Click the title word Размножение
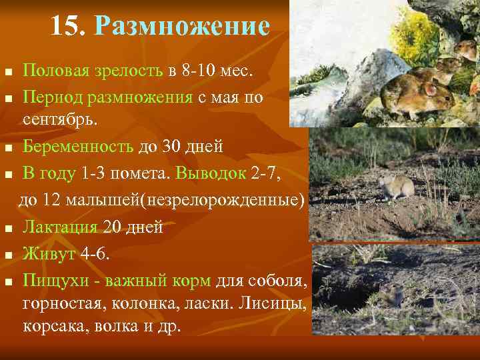click(x=182, y=27)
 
